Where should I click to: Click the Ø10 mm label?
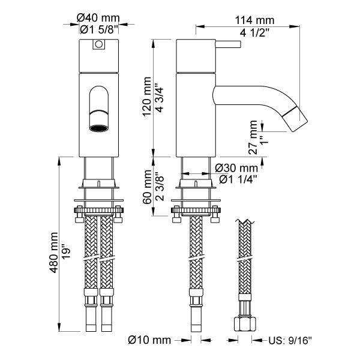pyautogui.click(x=150, y=340)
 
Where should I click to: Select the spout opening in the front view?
pyautogui.click(x=98, y=127)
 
